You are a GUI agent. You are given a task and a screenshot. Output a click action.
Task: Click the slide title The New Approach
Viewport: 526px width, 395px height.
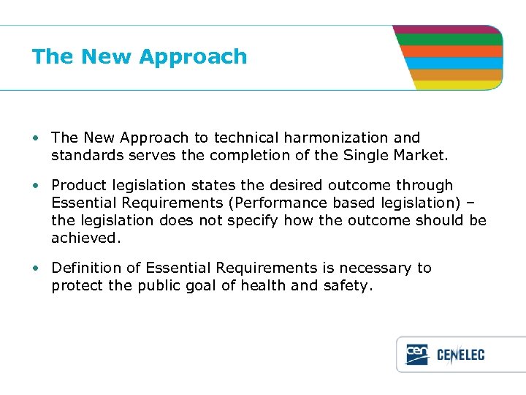click(x=140, y=57)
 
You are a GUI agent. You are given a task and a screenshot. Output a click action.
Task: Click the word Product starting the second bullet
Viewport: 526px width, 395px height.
click(x=79, y=186)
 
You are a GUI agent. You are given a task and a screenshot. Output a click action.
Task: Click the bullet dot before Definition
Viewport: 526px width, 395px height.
click(x=36, y=268)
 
